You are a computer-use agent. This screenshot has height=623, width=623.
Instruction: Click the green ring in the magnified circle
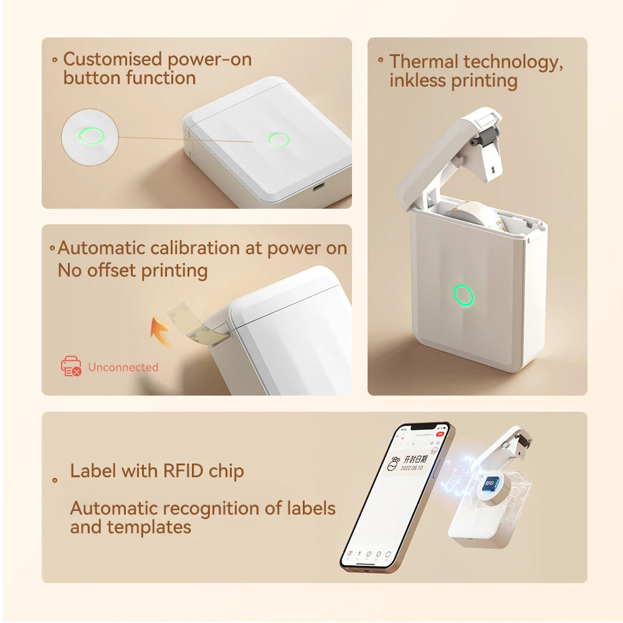click(x=91, y=136)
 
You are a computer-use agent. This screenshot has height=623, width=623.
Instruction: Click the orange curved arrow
click(x=163, y=331)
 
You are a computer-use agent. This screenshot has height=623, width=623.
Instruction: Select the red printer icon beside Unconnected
click(x=71, y=366)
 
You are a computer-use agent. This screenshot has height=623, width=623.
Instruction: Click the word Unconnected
click(x=123, y=367)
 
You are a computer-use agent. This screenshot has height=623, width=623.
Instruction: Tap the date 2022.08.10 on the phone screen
click(x=412, y=467)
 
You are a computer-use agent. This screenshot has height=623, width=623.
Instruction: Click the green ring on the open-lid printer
click(x=464, y=295)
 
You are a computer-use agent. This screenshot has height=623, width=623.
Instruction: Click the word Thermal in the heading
click(x=424, y=62)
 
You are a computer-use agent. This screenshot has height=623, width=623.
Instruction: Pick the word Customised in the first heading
click(x=112, y=59)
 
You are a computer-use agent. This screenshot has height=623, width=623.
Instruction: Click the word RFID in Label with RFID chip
click(x=184, y=471)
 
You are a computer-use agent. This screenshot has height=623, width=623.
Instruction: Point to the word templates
click(x=149, y=527)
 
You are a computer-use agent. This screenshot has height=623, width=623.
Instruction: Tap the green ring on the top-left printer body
click(x=278, y=140)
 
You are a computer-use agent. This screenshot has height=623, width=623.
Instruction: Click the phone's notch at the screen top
click(x=424, y=428)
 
